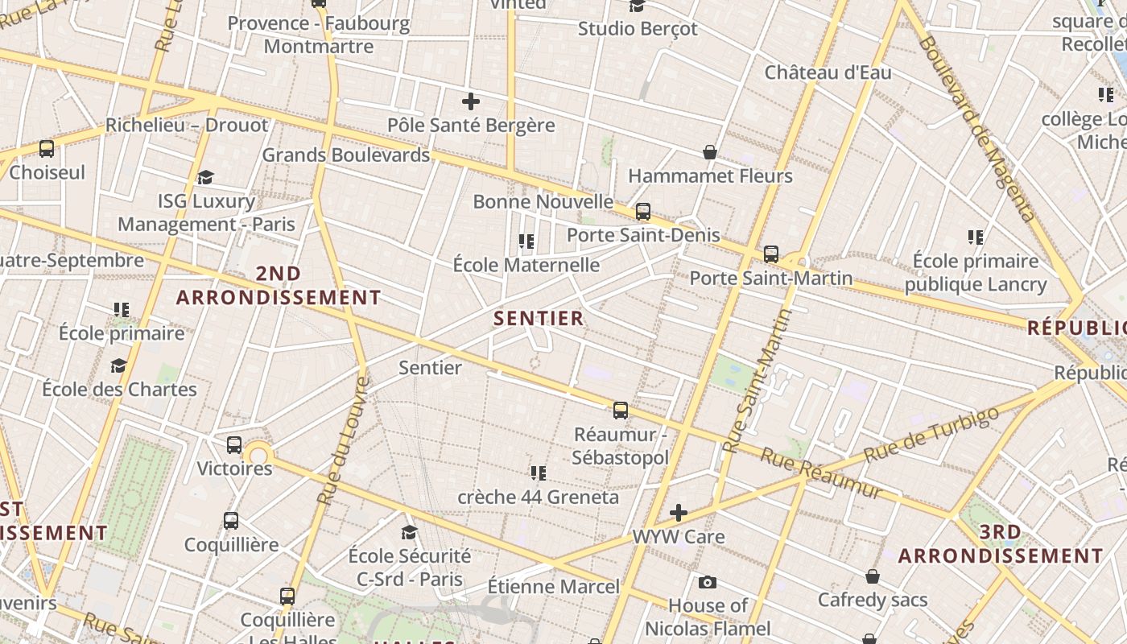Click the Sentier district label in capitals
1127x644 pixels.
[539, 318]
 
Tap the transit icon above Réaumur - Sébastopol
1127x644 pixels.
[620, 411]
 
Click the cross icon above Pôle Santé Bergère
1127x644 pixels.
[471, 101]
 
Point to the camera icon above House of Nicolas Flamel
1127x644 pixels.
[708, 582]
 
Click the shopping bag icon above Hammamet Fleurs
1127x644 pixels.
[710, 152]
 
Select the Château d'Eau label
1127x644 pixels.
[828, 72]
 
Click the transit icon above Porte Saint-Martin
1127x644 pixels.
[770, 254]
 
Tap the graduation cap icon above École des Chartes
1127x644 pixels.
[119, 366]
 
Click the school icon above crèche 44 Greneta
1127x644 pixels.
[538, 473]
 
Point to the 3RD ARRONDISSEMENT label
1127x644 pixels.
[1000, 544]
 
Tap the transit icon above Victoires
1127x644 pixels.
[234, 444]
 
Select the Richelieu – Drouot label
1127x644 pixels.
[187, 126]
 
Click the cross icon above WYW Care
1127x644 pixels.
[679, 513]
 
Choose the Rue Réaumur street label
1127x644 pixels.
[821, 473]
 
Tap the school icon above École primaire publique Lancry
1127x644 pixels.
[976, 237]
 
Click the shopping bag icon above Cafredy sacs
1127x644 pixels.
[873, 576]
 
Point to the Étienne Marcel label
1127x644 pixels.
[554, 587]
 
